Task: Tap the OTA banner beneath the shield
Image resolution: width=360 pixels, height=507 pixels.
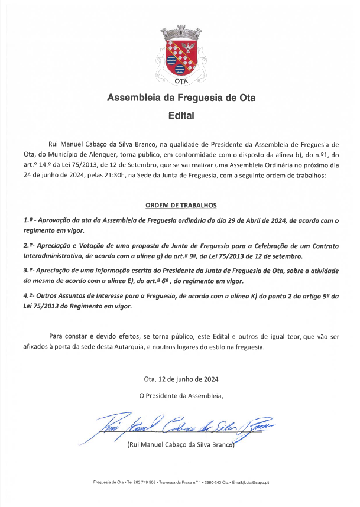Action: pos(181,82)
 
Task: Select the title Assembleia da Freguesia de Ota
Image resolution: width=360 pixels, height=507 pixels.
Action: pos(181,97)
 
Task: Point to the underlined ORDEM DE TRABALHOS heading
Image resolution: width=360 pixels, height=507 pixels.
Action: pos(181,206)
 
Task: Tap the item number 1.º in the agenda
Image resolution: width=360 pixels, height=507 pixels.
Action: pos(28,220)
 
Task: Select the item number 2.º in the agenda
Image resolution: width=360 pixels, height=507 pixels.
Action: pos(28,245)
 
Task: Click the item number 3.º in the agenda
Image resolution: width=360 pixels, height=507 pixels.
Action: pos(28,269)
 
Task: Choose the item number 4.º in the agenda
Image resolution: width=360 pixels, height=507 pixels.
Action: pos(28,294)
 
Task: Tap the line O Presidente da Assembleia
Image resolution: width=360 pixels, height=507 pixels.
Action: pos(181,395)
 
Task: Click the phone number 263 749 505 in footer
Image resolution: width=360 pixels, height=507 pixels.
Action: pos(144,483)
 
